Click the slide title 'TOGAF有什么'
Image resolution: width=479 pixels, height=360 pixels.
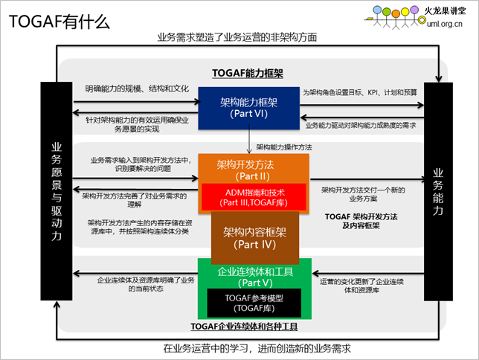(x=60, y=22)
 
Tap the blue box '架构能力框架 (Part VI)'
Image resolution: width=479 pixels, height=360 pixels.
(x=248, y=108)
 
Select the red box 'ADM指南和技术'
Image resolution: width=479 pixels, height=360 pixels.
(x=254, y=197)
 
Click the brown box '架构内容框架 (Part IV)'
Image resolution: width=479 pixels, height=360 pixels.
(x=255, y=238)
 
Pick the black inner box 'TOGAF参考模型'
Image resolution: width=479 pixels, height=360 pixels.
(x=254, y=303)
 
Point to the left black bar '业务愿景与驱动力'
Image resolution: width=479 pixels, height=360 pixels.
(x=57, y=191)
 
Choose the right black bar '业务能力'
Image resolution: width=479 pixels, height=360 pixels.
(x=438, y=192)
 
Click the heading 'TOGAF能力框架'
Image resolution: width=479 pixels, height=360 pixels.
(x=248, y=74)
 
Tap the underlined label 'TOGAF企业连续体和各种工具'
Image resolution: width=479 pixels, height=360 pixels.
(x=244, y=327)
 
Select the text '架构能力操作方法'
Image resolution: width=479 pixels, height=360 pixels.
(x=284, y=147)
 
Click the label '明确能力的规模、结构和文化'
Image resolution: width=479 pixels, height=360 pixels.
(x=137, y=89)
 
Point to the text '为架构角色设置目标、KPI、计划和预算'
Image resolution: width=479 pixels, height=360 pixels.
(x=360, y=92)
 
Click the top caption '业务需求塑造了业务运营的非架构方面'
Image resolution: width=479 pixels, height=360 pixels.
(x=237, y=37)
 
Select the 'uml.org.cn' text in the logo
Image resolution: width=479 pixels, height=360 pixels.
(x=445, y=24)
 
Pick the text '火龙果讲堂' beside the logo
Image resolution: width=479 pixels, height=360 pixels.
(x=445, y=11)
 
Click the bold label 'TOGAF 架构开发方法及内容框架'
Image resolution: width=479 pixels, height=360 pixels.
(x=361, y=221)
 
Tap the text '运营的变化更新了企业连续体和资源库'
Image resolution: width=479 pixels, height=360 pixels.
(x=361, y=286)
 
